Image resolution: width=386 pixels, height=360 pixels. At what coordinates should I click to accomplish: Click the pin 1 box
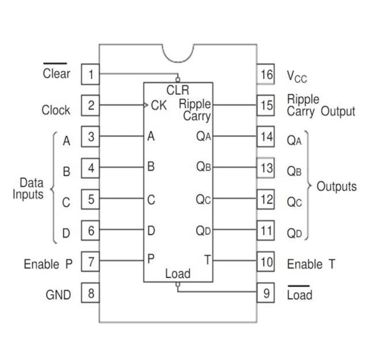(x=90, y=75)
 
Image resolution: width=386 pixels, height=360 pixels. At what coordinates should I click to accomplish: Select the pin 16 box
(x=266, y=75)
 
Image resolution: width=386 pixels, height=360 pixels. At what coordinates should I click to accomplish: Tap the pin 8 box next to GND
(x=90, y=294)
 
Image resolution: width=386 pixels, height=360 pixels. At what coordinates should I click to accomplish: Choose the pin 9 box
(x=266, y=294)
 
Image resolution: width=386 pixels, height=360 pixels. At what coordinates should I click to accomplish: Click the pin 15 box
(x=266, y=105)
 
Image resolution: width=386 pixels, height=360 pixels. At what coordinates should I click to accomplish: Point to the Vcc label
(x=297, y=76)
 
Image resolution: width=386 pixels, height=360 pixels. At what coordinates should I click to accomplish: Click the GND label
(x=58, y=295)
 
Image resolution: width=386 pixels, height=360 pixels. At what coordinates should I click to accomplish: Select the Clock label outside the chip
(x=56, y=110)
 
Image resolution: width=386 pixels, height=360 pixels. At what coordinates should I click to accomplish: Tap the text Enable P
(x=48, y=264)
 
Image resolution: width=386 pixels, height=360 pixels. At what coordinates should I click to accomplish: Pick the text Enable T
(x=311, y=265)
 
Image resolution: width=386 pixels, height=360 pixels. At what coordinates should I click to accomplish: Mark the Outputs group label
(x=337, y=187)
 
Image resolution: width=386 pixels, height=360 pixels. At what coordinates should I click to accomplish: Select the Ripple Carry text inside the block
(x=195, y=110)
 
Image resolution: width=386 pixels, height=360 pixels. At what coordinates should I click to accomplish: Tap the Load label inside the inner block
(x=178, y=274)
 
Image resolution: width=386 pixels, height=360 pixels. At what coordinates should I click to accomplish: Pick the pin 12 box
(x=266, y=199)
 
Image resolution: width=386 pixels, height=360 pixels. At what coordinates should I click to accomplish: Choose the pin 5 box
(x=90, y=199)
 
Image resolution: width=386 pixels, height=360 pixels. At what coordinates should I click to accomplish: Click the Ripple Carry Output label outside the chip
(x=321, y=106)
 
